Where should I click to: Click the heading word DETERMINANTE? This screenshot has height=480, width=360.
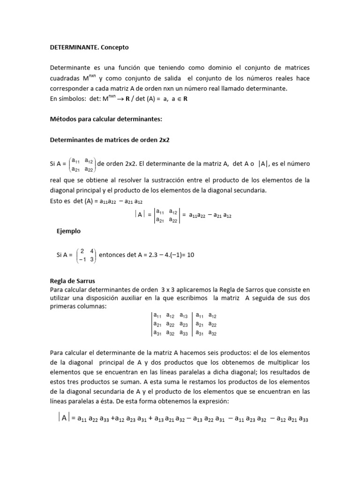tap(71, 48)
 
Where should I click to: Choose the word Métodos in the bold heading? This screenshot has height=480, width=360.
tap(64, 120)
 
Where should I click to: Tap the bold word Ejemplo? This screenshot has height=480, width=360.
tap(68, 231)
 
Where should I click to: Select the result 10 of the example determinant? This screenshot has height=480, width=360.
tap(191, 255)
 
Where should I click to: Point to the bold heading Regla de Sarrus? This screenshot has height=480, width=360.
tap(72, 281)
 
